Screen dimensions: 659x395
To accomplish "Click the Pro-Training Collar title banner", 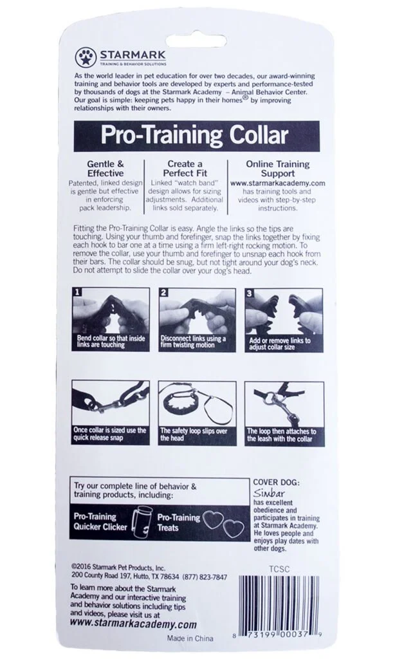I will click(197, 136).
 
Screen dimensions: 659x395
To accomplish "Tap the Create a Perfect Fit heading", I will click(185, 169).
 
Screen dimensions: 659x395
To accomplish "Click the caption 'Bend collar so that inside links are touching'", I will click(109, 343).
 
